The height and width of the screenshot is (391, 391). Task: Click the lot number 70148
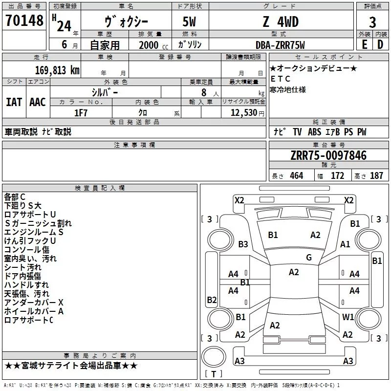[x=24, y=21]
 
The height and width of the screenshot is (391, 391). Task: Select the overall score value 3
[x=372, y=22]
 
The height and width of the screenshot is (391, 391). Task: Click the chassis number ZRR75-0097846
[x=328, y=155]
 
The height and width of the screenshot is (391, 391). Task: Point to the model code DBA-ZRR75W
[x=280, y=45]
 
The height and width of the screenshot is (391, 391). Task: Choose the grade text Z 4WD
[x=280, y=22]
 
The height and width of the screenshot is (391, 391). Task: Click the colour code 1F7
[x=81, y=112]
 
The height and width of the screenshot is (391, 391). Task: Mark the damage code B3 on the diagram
[x=243, y=244]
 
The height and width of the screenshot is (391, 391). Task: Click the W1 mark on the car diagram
[x=348, y=317]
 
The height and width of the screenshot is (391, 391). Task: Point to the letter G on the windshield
[x=309, y=258]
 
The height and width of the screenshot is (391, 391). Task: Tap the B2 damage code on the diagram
[x=212, y=300]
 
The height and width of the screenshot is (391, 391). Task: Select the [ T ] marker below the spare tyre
[x=213, y=374]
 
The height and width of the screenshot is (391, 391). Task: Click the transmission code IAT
[x=14, y=102]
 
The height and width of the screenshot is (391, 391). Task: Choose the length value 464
[x=296, y=176]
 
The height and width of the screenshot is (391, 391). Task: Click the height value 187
[x=376, y=176]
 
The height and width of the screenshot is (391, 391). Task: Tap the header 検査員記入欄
[x=100, y=188]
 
